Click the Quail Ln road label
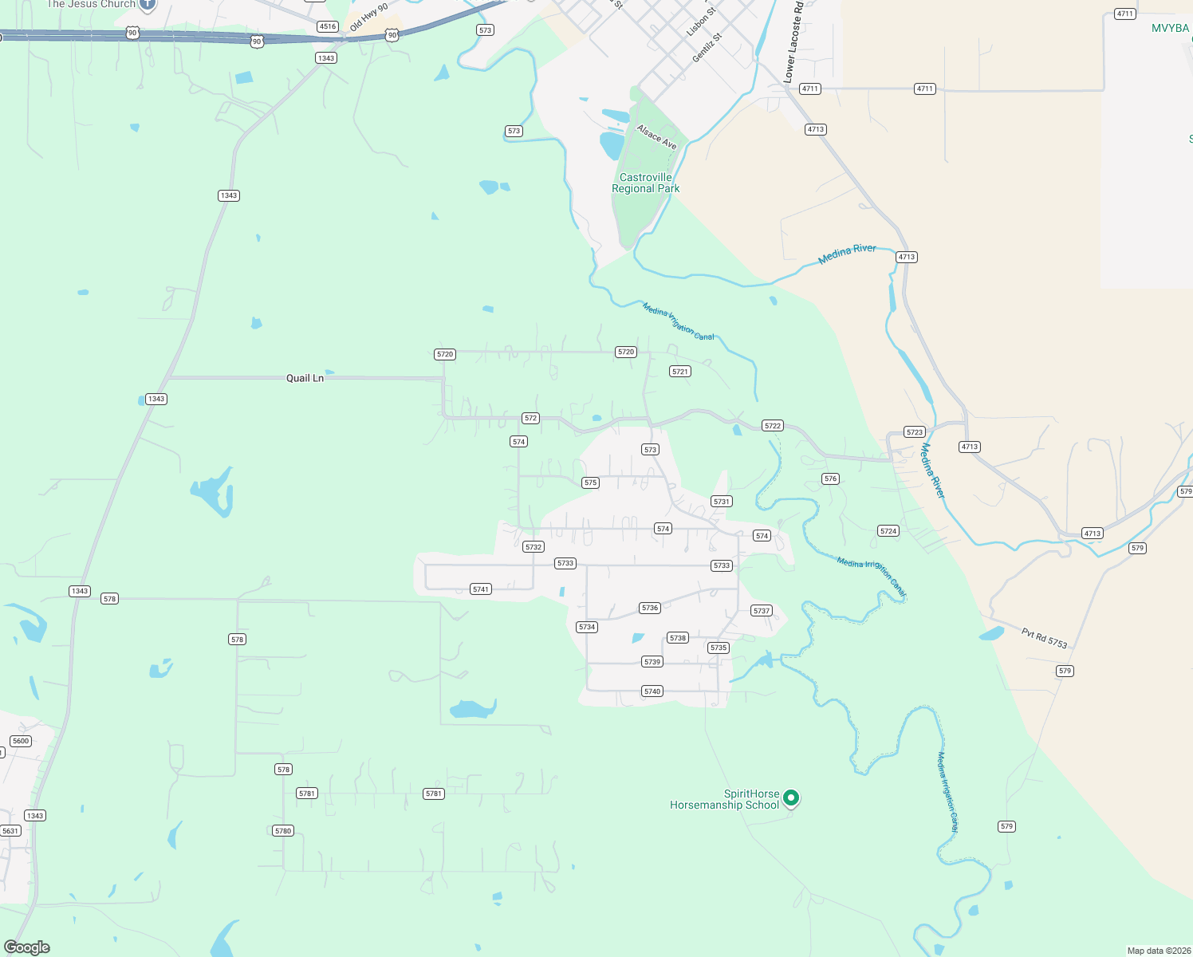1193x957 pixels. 305,378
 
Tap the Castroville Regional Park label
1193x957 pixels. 646,183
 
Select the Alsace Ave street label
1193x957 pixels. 656,137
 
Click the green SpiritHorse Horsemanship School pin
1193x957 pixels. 791,797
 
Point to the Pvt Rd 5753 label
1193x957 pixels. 1044,638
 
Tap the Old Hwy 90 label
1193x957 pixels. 368,18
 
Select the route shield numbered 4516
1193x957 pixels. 327,26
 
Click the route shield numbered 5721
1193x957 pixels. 680,372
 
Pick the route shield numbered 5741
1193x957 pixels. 480,589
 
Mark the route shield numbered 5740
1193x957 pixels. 652,691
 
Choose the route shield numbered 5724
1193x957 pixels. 888,531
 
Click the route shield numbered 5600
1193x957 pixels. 21,741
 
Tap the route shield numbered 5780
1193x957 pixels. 283,831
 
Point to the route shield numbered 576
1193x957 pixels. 831,478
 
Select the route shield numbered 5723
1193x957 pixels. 915,432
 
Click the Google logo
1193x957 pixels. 27,947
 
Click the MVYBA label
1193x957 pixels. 1170,28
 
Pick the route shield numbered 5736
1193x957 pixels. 650,608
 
